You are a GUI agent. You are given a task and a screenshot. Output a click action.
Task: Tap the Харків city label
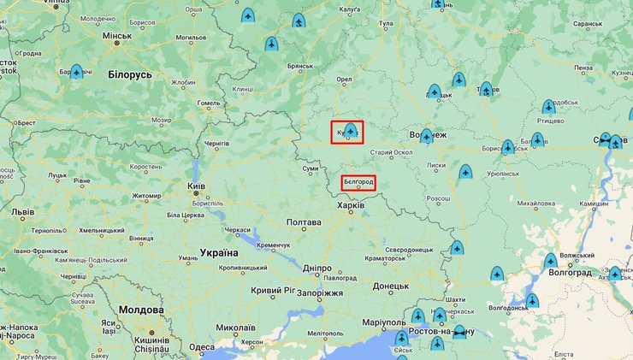pyautogui.click(x=352, y=206)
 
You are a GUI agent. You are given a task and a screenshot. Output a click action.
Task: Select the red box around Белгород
pyautogui.click(x=358, y=182)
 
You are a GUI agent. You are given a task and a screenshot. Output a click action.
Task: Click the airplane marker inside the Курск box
pyautogui.click(x=350, y=131)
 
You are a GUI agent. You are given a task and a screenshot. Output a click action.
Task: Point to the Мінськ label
pyautogui.click(x=116, y=36)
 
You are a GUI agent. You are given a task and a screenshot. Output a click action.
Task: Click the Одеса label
pyautogui.click(x=202, y=347)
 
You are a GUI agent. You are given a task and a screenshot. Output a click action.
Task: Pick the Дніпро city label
pyautogui.click(x=316, y=268)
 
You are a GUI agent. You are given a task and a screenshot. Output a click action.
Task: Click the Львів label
pyautogui.click(x=22, y=211)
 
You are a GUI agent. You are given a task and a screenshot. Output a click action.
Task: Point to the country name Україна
pyautogui.click(x=219, y=253)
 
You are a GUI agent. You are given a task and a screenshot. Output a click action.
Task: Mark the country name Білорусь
pyautogui.click(x=130, y=75)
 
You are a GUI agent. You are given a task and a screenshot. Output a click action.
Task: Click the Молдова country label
pyautogui.click(x=141, y=310)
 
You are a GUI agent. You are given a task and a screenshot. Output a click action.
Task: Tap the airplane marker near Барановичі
pyautogui.click(x=76, y=73)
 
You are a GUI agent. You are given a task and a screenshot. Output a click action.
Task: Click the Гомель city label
pyautogui.click(x=209, y=103)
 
